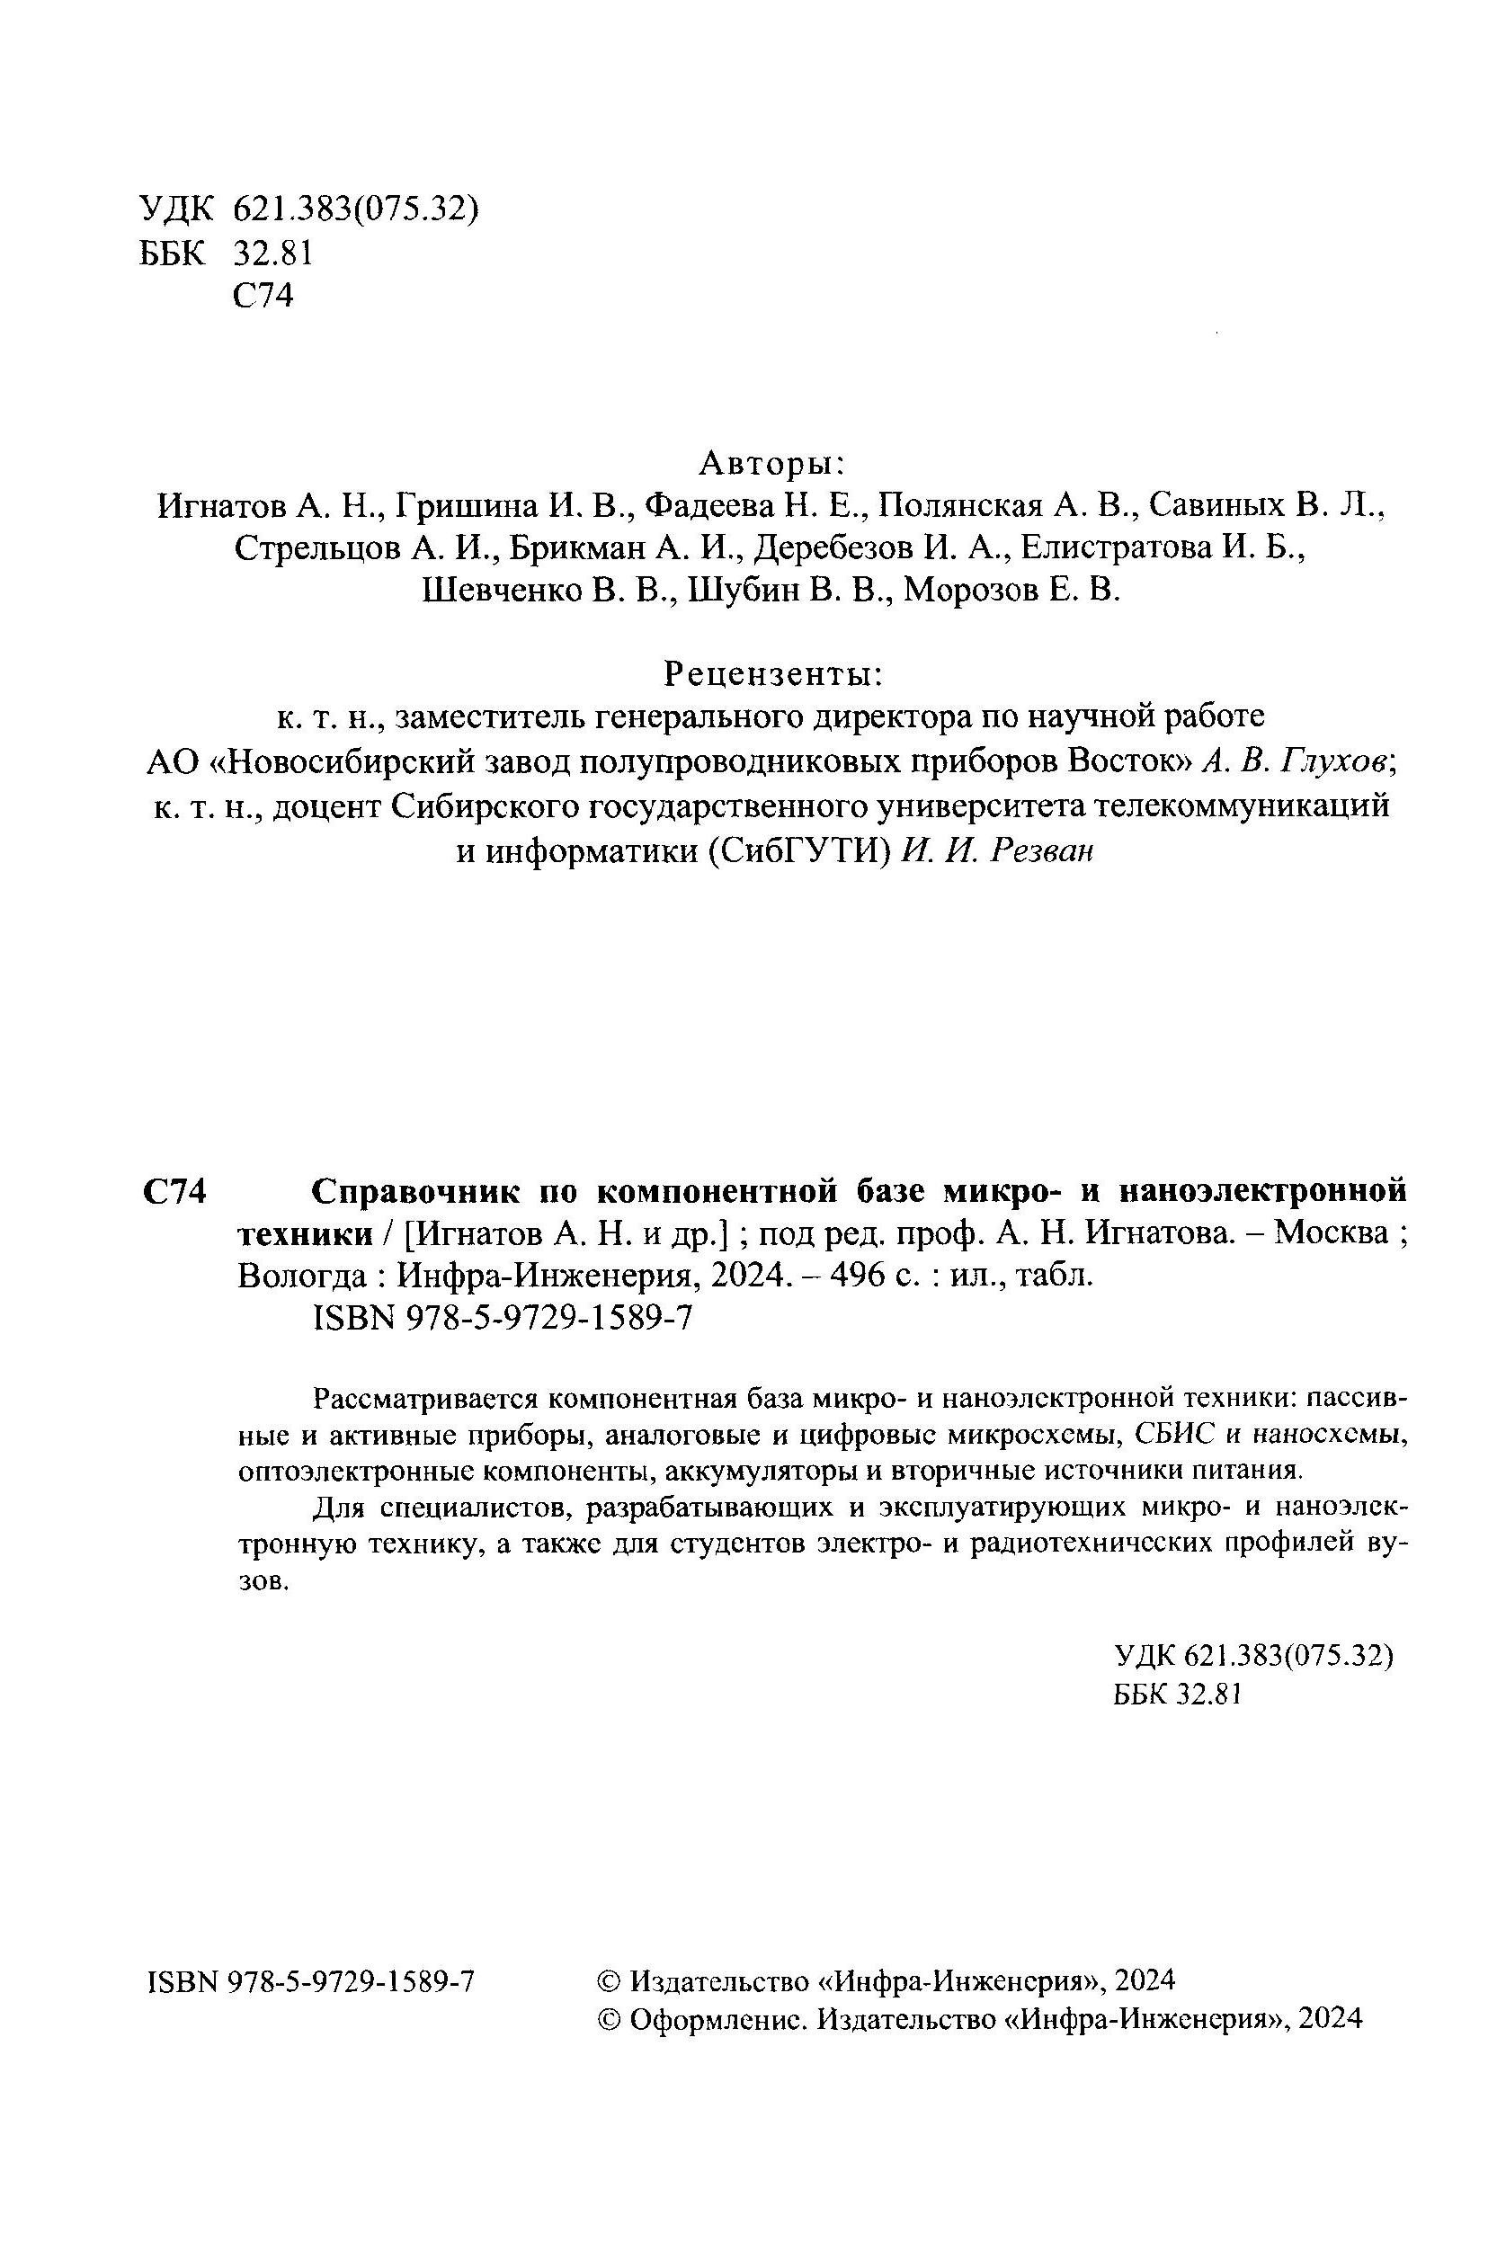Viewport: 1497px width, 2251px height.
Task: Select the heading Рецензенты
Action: [772, 674]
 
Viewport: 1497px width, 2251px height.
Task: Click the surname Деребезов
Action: [829, 548]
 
